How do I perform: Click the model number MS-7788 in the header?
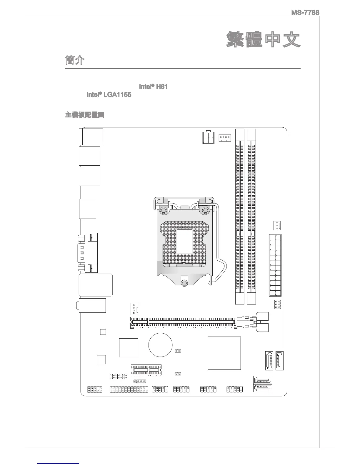point(305,13)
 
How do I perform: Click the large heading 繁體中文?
point(263,40)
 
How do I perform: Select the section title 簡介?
point(75,60)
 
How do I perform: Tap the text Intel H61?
point(153,87)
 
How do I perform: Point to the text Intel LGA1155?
point(109,95)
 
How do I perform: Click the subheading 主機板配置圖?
point(85,115)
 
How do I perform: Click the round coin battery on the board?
point(160,344)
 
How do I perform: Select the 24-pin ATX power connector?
point(275,265)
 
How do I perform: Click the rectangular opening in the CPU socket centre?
point(184,242)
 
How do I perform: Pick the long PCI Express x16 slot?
point(184,323)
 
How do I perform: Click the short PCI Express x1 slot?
point(146,370)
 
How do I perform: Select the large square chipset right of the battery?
point(224,353)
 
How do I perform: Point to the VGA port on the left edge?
point(87,252)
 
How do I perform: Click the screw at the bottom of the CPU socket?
point(184,283)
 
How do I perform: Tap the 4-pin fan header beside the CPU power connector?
point(225,138)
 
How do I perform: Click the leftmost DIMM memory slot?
point(240,216)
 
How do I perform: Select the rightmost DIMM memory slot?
point(251,216)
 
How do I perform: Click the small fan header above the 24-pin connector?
point(277,225)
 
